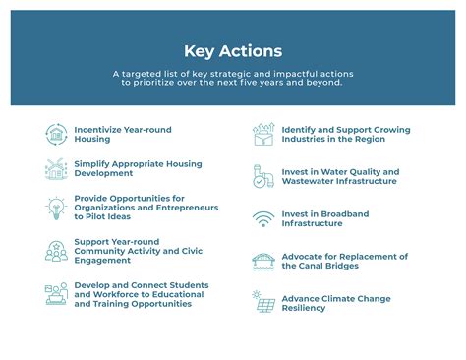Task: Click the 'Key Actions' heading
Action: (x=232, y=51)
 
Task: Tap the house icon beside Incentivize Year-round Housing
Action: (x=56, y=134)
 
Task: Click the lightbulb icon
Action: (x=56, y=208)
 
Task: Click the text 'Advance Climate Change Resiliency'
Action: (x=335, y=304)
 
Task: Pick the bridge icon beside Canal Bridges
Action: (x=262, y=261)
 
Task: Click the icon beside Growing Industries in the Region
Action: (x=262, y=134)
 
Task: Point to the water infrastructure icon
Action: (x=262, y=176)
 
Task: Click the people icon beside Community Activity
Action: (x=56, y=251)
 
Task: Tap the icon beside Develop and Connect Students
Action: (x=56, y=293)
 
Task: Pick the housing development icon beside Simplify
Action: (x=56, y=168)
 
